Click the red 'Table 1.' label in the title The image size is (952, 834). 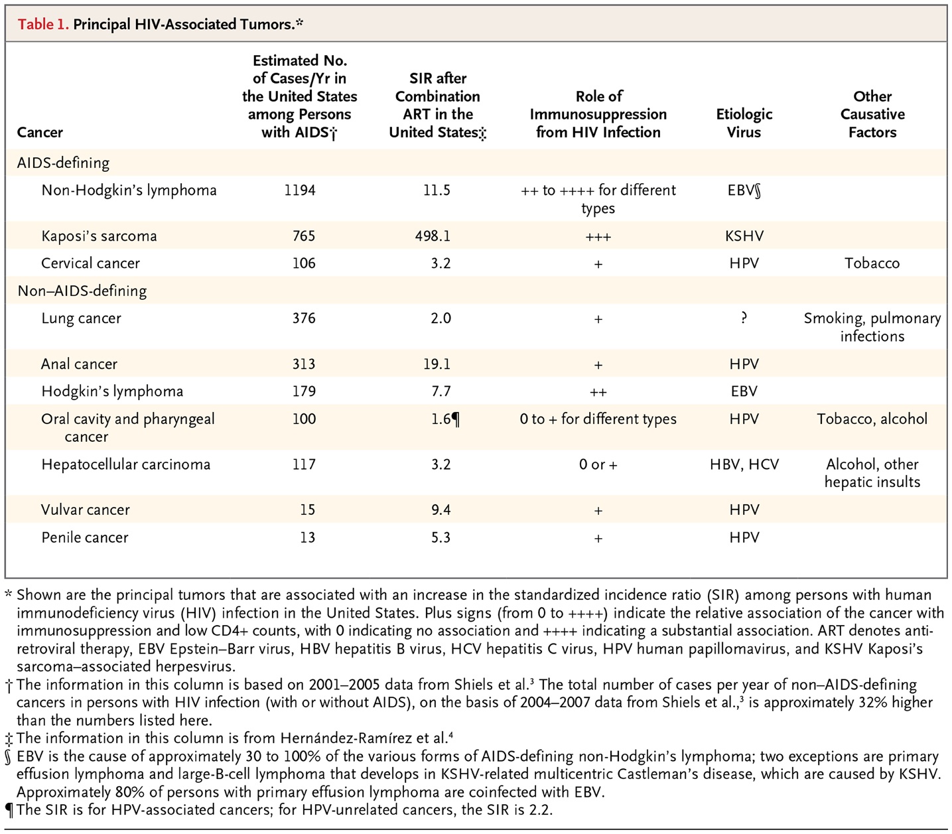(x=43, y=25)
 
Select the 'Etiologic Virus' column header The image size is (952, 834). (x=744, y=123)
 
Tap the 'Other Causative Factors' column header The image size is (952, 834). (x=872, y=114)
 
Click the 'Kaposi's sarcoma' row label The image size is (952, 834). (x=99, y=236)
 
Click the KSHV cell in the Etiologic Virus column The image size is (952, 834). (x=744, y=236)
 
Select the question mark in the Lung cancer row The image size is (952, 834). (x=744, y=318)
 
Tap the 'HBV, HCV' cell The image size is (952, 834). (x=744, y=464)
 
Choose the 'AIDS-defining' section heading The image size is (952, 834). (x=63, y=163)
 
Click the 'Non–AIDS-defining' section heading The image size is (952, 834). (x=82, y=291)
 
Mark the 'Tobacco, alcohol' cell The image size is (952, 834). (x=872, y=419)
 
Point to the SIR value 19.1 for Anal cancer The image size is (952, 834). (x=437, y=364)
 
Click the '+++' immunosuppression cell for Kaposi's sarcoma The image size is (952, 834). (x=598, y=237)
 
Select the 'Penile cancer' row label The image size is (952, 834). (x=85, y=538)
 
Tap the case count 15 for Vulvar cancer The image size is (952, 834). (x=307, y=510)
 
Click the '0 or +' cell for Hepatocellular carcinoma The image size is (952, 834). (x=598, y=464)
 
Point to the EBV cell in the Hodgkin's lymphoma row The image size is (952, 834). (x=744, y=391)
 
